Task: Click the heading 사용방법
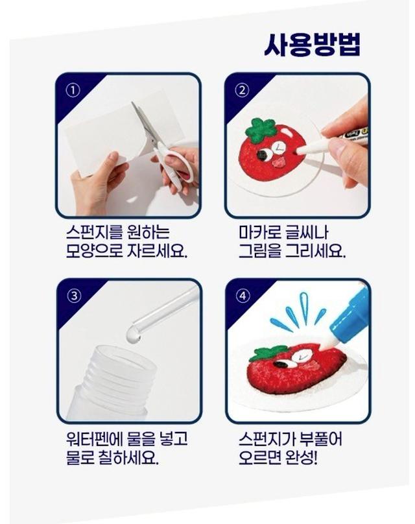pyautogui.click(x=313, y=45)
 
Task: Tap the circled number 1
pyautogui.click(x=73, y=90)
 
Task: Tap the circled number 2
pyautogui.click(x=243, y=90)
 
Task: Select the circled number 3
pyautogui.click(x=74, y=296)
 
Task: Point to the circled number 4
pyautogui.click(x=243, y=296)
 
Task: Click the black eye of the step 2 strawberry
pyautogui.click(x=263, y=154)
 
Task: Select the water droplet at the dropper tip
pyautogui.click(x=133, y=335)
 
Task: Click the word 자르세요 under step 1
pyautogui.click(x=157, y=251)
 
